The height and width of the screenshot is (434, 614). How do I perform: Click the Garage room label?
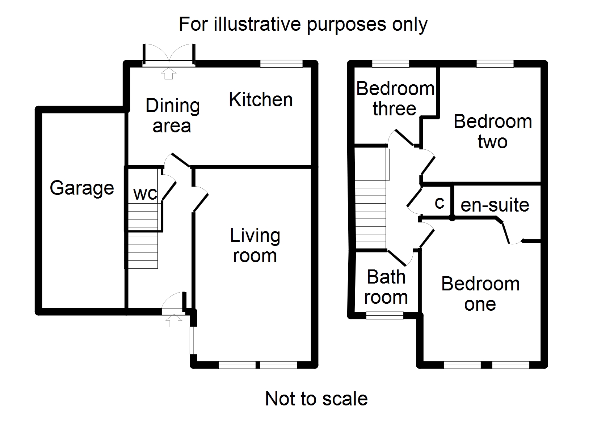pos(82,188)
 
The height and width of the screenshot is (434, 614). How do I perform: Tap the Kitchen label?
pos(261,100)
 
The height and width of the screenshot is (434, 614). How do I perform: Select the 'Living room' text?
pos(255,246)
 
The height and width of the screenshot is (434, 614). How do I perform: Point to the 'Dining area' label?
pos(172,116)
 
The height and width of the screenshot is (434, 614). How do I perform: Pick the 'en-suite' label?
pos(495,205)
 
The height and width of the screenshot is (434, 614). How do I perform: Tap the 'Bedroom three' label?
pos(395,98)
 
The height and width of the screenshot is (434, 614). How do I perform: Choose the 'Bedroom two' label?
pos(493,131)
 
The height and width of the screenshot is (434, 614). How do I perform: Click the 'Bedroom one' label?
pos(480,294)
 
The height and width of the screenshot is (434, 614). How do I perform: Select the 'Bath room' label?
pos(386,287)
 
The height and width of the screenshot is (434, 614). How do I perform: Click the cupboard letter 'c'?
pos(440,203)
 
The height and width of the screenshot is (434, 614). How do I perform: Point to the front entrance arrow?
pos(174,320)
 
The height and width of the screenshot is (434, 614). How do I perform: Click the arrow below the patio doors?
pos(169,74)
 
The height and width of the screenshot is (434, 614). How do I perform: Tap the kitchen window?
pos(281,64)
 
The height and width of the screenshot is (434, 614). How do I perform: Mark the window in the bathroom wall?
pos(385,315)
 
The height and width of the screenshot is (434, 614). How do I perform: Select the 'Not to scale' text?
pos(316,399)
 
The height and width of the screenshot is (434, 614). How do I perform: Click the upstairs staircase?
pos(371,213)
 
